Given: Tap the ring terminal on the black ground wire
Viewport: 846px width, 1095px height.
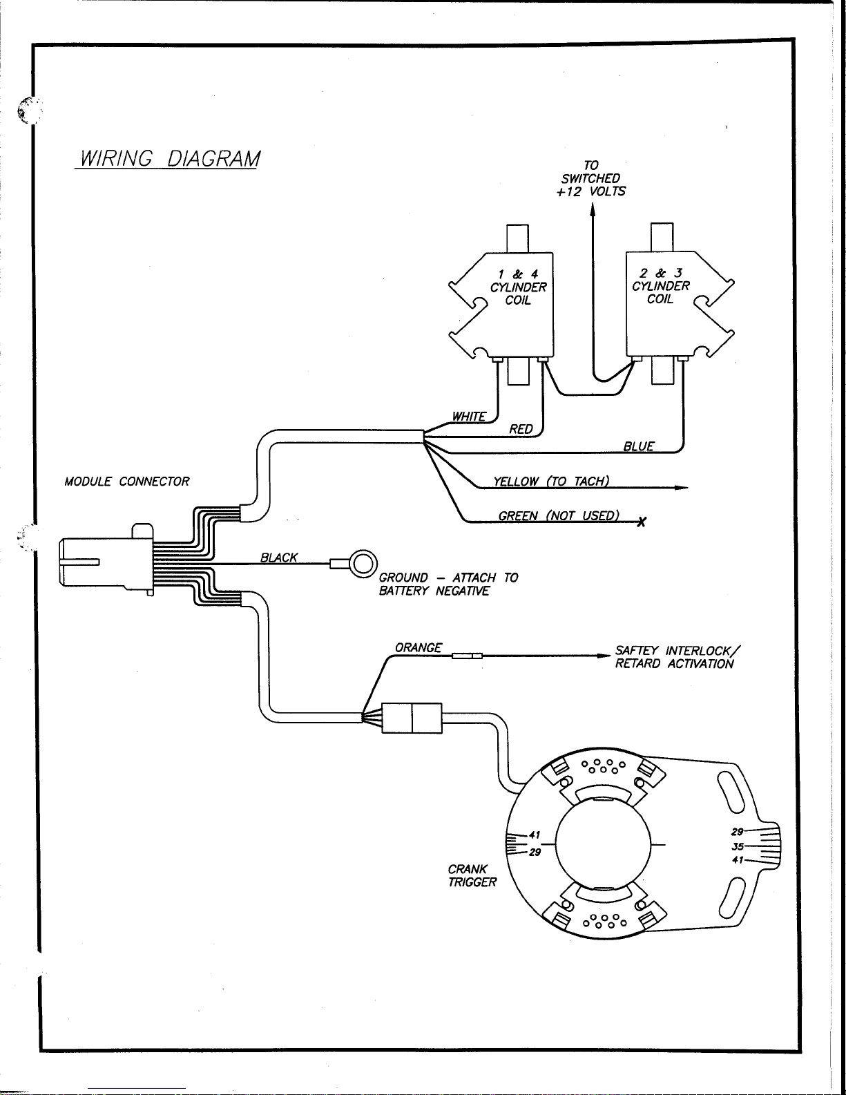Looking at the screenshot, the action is (x=363, y=563).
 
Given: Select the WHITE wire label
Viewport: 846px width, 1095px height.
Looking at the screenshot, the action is (x=469, y=416).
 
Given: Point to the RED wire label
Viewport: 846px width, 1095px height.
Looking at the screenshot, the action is (x=521, y=429).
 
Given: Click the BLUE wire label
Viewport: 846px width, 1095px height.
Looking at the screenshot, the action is (x=639, y=446).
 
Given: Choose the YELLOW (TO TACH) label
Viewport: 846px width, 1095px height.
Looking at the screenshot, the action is (x=551, y=482).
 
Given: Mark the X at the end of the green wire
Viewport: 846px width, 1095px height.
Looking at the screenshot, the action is (x=641, y=522).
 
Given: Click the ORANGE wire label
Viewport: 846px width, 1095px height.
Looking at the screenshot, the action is (x=418, y=647).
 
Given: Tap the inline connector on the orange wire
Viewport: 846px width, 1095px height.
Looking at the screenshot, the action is (x=467, y=656).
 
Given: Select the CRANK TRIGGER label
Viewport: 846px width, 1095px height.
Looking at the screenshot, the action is (x=472, y=875).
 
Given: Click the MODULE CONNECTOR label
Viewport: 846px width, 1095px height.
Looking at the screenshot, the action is (x=127, y=482).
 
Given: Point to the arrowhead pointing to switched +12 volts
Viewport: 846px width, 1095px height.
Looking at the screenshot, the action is (x=593, y=209).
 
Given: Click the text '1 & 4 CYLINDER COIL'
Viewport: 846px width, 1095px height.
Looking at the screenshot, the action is (x=518, y=287).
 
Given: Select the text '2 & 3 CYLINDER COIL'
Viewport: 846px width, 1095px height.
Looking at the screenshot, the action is (x=661, y=286).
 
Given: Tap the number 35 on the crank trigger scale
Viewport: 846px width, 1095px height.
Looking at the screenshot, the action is (x=738, y=846).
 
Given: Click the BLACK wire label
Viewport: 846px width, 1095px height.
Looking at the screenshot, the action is (x=279, y=558).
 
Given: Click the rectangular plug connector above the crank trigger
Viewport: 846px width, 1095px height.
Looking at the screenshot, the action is (x=412, y=718).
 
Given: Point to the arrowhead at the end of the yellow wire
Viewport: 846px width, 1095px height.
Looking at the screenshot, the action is (x=682, y=487).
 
